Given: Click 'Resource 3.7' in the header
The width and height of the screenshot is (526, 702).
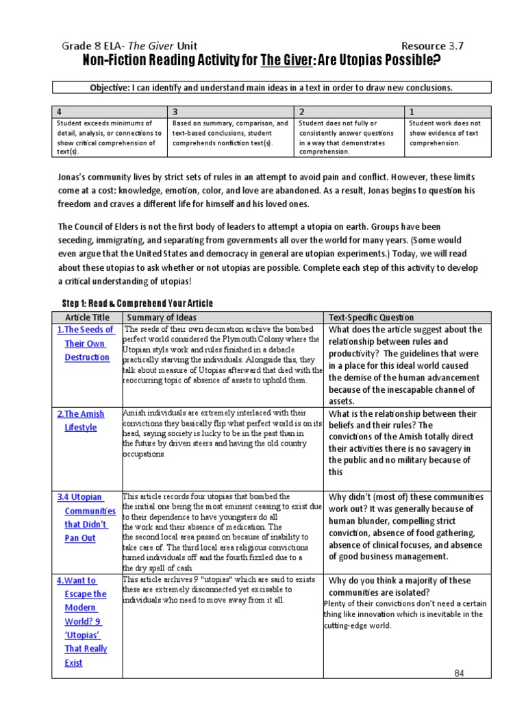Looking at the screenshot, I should pos(431,47).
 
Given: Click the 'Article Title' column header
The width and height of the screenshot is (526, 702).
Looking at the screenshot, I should pos(86,317).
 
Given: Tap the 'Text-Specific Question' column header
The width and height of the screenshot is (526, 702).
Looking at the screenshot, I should pos(371,317).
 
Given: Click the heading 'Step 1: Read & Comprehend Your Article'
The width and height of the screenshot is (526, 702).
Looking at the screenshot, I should pos(138,304).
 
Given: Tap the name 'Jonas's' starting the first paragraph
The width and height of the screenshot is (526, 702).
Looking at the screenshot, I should pos(75,176).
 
